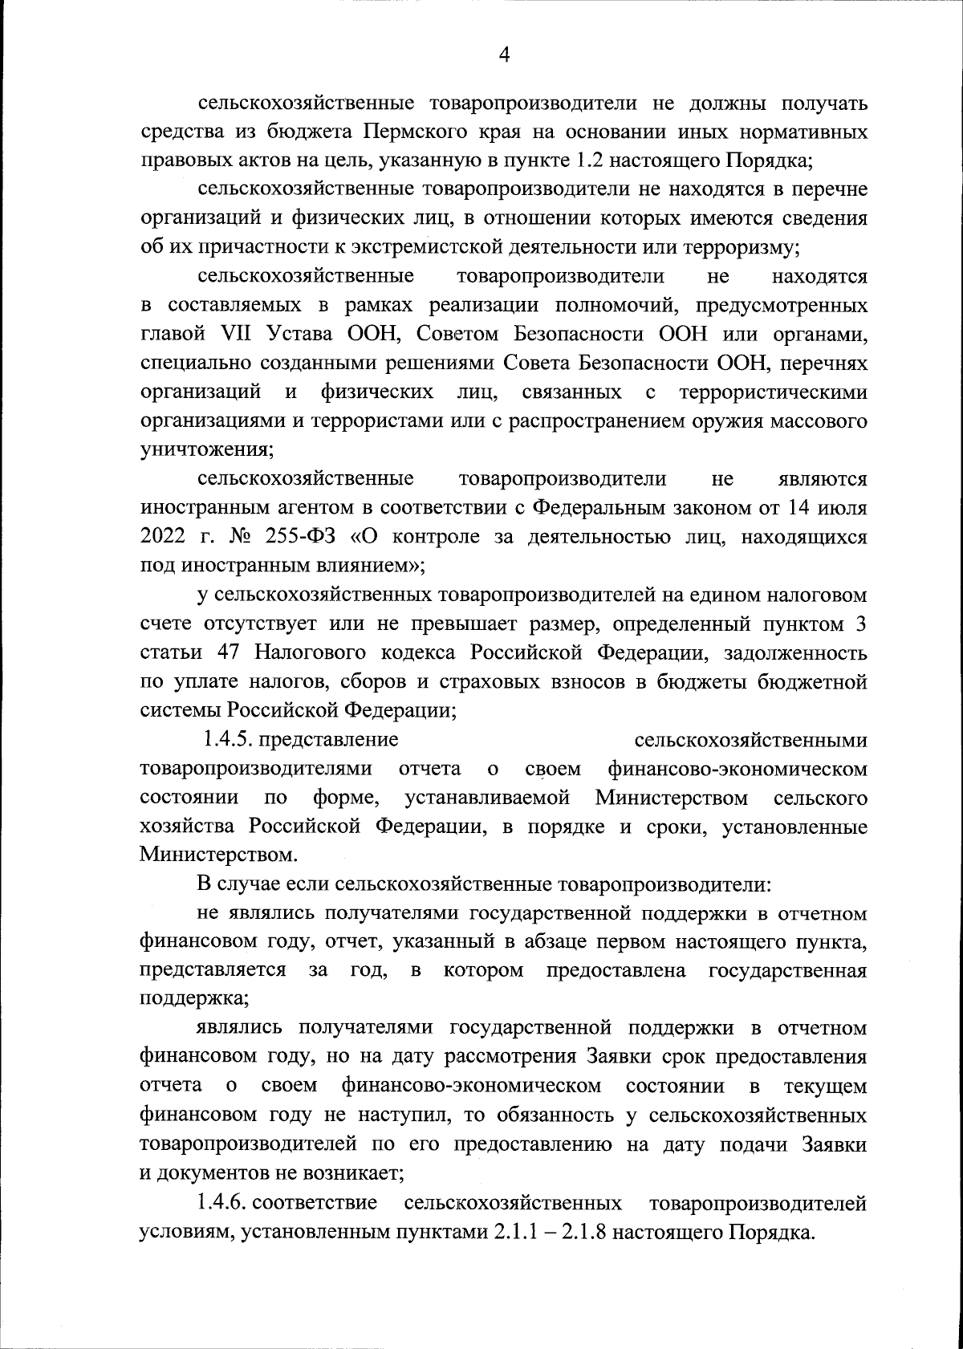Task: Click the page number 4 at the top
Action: coord(504,55)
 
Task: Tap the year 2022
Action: coord(163,537)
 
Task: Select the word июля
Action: coord(842,508)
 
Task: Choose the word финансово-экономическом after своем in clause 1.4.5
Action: coord(737,769)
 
